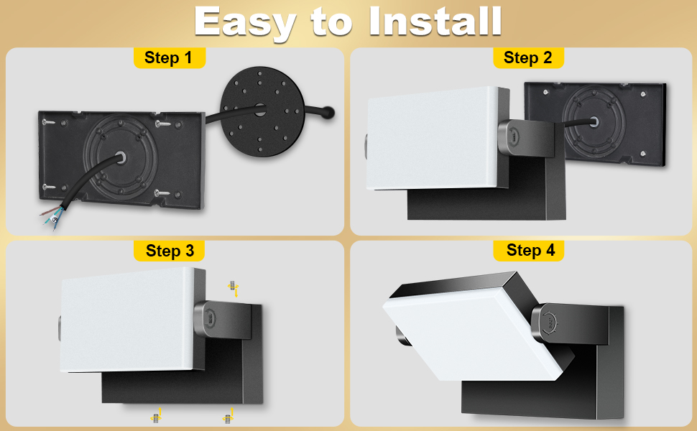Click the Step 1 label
point(168,57)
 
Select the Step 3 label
point(170,251)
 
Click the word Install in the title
point(435,22)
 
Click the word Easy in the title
point(245,23)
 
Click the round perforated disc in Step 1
point(263,111)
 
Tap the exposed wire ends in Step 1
point(52,216)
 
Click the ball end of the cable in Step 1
point(328,112)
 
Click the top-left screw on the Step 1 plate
point(48,121)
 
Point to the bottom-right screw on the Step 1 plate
point(162,193)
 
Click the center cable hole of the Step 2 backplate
point(593,121)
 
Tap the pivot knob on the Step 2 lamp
point(515,138)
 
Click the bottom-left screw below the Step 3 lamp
point(156,417)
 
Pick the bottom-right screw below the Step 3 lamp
point(228,418)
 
